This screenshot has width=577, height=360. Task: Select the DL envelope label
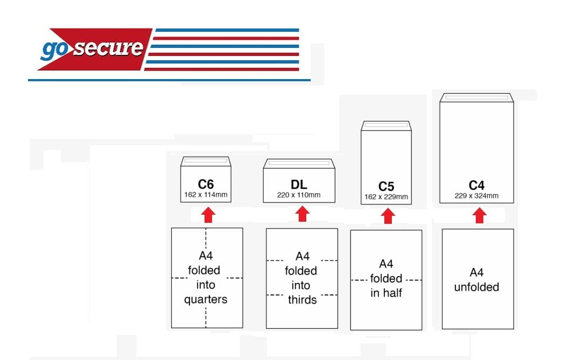pos(299,185)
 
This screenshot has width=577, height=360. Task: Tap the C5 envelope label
pos(386,187)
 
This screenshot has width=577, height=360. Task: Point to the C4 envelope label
pos(476,186)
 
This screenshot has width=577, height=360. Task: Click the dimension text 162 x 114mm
pos(206,194)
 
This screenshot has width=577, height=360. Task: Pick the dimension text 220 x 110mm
pos(299,195)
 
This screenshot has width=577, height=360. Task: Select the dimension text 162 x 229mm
pos(386,197)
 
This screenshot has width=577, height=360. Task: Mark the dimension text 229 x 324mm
pos(476,195)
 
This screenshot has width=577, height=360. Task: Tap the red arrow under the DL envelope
pos(302,214)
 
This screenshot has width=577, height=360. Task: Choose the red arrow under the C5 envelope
pos(388,217)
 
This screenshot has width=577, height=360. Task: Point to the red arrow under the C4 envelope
pos(480,216)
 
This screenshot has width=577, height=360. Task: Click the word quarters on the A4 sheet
pos(206,300)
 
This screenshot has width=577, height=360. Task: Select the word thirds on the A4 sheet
pos(302,300)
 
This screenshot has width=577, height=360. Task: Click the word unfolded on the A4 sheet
pos(476,287)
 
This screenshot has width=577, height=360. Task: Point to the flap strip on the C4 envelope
pos(476,97)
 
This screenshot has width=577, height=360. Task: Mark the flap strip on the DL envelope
pos(299,162)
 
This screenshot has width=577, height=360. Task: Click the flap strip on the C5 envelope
pos(386,125)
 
